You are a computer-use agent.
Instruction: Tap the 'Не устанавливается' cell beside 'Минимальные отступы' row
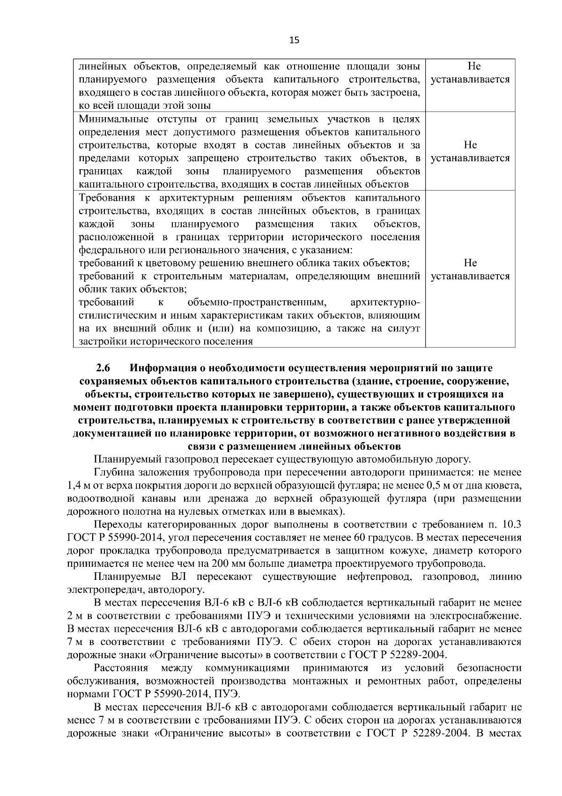coord(470,151)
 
